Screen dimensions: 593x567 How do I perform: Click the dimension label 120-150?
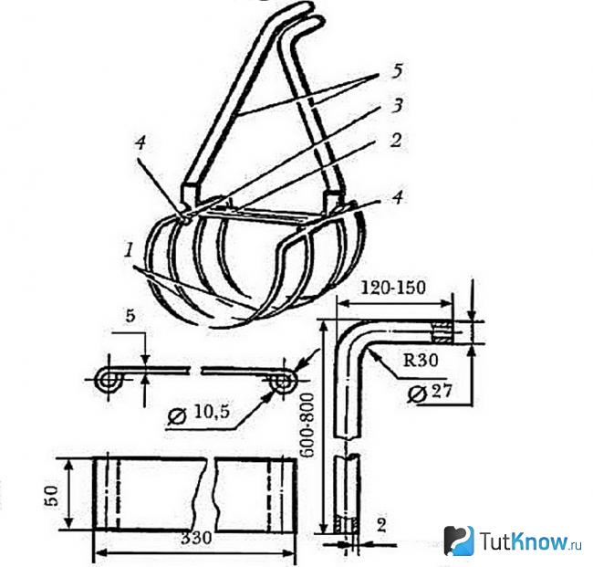pos(393,288)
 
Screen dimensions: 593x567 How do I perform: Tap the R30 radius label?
pos(421,360)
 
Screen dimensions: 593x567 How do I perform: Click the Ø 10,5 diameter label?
pos(199,415)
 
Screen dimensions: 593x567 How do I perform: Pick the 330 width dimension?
pos(196,538)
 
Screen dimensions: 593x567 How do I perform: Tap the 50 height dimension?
pos(52,495)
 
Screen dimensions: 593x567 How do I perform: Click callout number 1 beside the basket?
pos(129,250)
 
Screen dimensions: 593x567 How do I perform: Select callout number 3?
pos(397,106)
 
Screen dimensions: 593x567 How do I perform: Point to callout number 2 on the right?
pos(396,140)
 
